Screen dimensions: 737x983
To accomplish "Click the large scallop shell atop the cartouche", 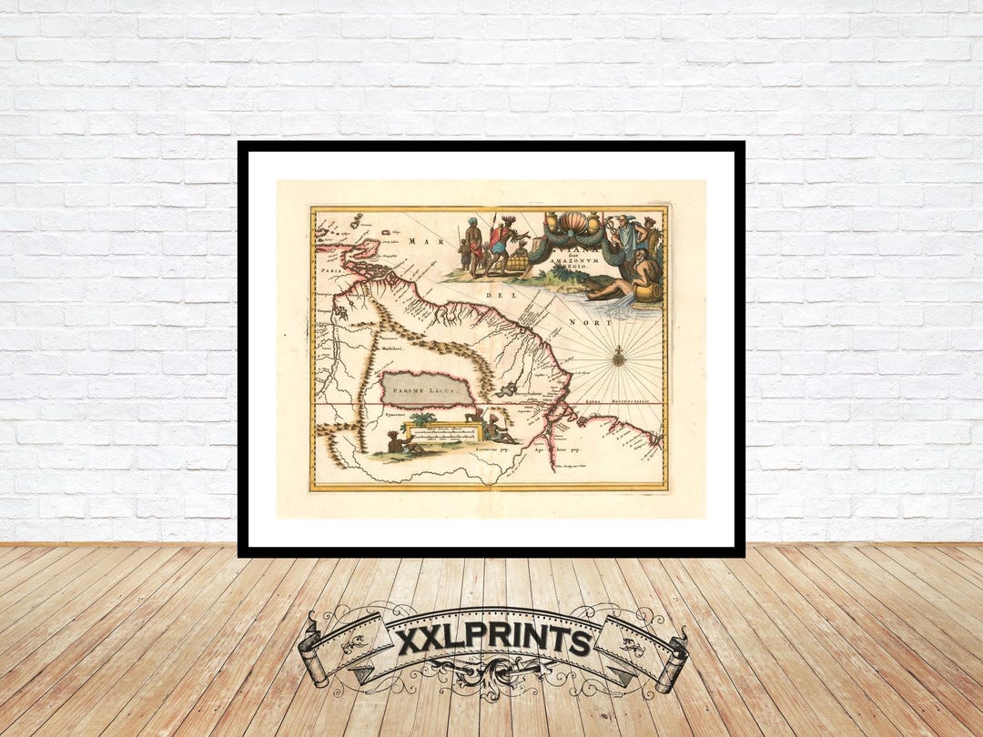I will pos(574,224).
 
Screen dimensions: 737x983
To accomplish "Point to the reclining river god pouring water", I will pos(628,277).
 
